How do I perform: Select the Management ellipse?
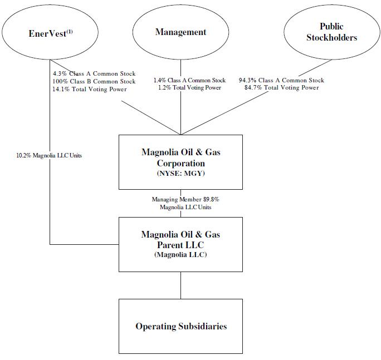[x=180, y=32]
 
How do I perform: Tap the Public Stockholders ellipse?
[x=331, y=32]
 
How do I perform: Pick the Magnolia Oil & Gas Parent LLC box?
[x=180, y=244]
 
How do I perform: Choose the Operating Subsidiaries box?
[x=180, y=326]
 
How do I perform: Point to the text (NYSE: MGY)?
[x=180, y=175]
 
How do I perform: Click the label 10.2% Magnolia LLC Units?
[x=49, y=155]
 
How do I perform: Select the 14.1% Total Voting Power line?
[x=86, y=89]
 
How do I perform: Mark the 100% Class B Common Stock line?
[x=90, y=81]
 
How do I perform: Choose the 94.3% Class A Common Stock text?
[x=281, y=81]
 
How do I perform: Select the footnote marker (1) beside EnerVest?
[x=70, y=30]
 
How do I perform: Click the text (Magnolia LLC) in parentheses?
[x=180, y=255]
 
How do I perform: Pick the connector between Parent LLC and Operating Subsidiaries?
[x=180, y=285]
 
